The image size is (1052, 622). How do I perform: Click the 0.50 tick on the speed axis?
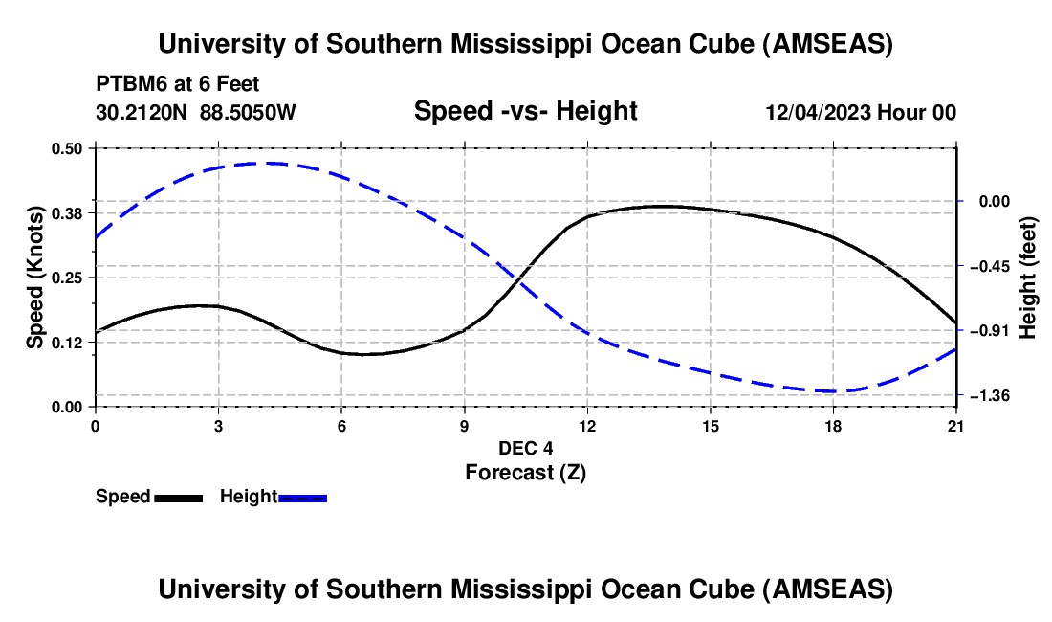(68, 148)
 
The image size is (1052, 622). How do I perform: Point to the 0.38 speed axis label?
(68, 212)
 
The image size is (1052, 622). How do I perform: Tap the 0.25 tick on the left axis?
(68, 278)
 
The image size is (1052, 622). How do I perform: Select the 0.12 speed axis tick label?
(68, 343)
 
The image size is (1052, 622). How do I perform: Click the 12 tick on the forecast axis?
(587, 425)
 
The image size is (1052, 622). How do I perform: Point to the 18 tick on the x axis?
(833, 425)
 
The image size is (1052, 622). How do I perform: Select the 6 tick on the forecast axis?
(341, 425)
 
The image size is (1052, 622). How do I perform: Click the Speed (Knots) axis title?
(35, 278)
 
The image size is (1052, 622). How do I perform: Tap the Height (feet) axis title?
(1028, 278)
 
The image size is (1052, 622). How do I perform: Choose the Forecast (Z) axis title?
(525, 472)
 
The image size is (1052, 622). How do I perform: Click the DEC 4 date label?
(525, 448)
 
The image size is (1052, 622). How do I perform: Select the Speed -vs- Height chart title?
(525, 111)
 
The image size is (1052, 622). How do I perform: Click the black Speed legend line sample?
(178, 498)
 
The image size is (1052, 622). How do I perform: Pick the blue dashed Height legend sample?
(303, 498)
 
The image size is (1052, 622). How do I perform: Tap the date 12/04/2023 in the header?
(819, 112)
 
